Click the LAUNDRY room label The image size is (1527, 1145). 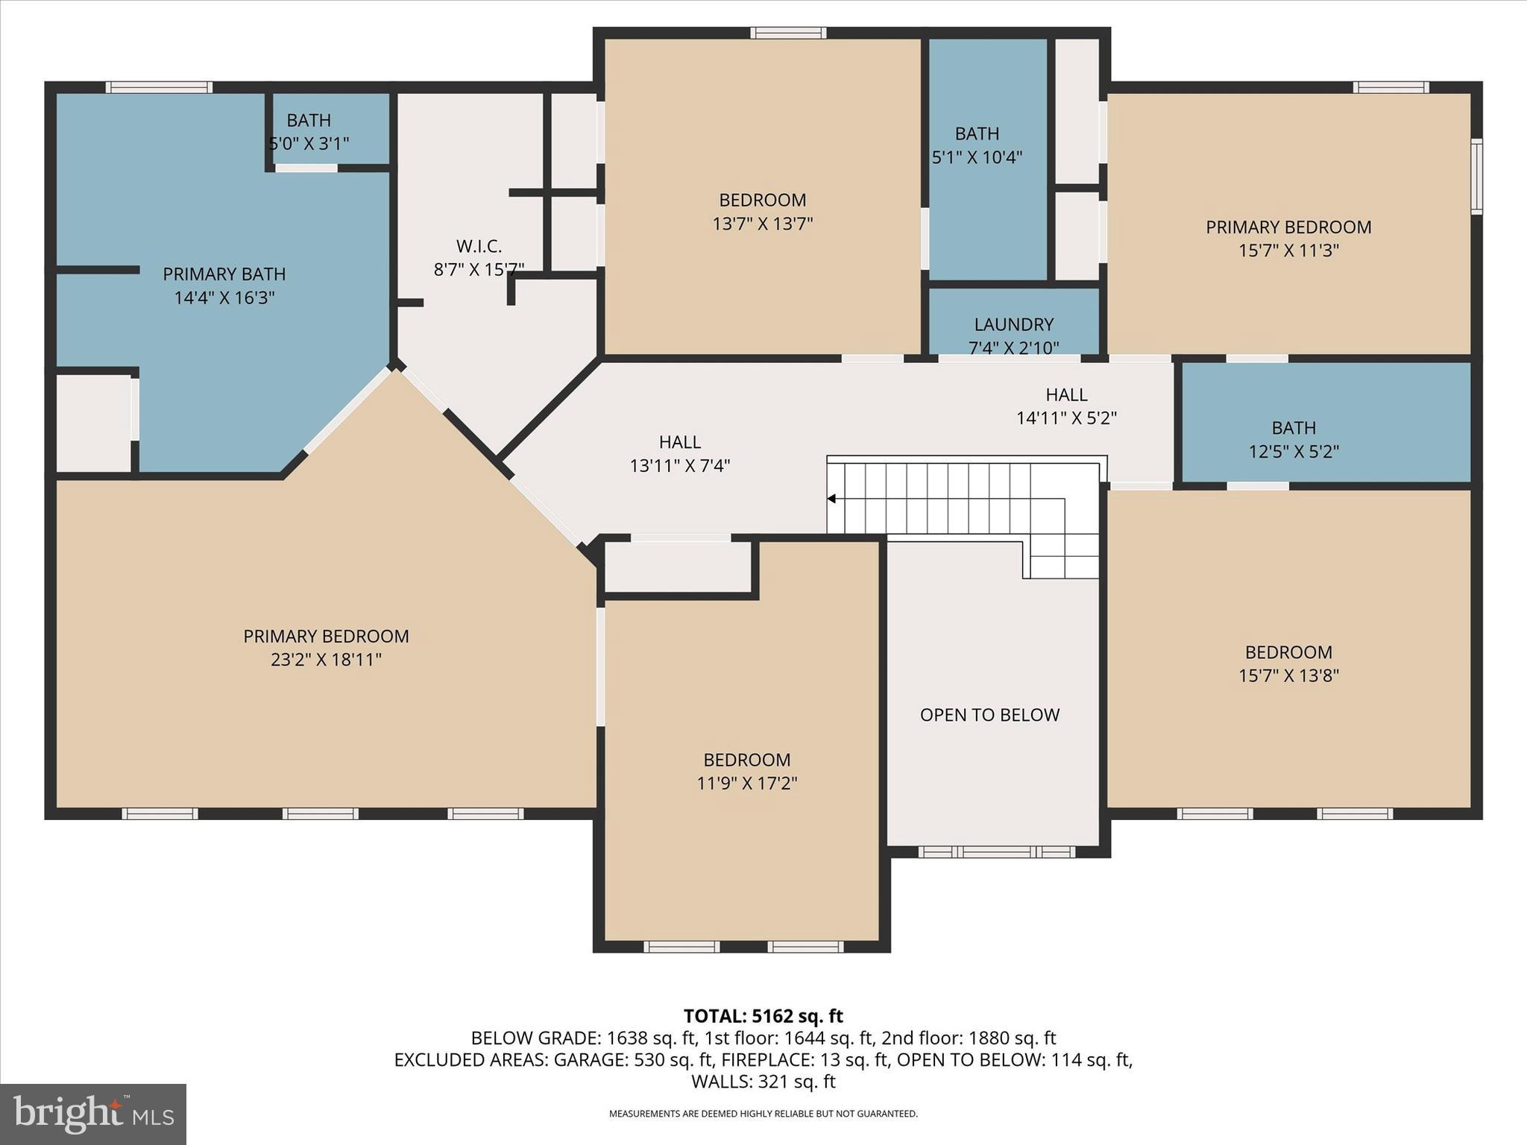pos(1013,324)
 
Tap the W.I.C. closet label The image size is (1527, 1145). pos(479,245)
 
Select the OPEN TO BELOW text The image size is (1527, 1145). pos(989,715)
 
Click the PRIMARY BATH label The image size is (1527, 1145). pos(224,274)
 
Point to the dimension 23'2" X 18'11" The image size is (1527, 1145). pos(326,660)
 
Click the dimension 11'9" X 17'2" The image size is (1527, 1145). pos(747,783)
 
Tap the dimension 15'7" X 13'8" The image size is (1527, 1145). pos(1288,676)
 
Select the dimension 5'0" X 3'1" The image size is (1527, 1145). pos(309,143)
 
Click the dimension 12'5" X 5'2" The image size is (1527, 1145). pos(1294,452)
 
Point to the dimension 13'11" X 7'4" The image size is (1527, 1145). pos(679,466)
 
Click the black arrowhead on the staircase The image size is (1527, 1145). pos(831,499)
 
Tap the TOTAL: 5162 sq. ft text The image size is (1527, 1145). pos(763,1016)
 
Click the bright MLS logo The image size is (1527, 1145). pos(93,1114)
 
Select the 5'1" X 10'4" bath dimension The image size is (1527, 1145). pos(977,157)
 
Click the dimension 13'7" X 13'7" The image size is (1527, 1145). pos(762,224)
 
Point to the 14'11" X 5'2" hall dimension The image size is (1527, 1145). pos(1066,418)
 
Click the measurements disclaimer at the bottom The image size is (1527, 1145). pos(763,1114)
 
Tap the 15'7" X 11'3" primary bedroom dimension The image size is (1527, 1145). pos(1288,250)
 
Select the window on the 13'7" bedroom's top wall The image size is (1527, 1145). pos(788,33)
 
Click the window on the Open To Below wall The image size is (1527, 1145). pos(996,851)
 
